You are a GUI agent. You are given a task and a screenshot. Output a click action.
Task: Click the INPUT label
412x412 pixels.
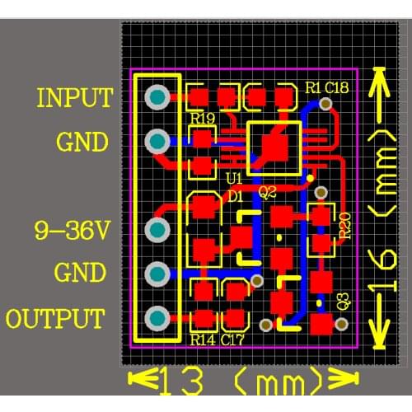click(x=74, y=98)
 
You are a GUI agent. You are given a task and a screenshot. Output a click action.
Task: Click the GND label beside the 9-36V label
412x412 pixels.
click(x=79, y=273)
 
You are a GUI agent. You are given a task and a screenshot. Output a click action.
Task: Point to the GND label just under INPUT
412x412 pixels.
click(x=82, y=143)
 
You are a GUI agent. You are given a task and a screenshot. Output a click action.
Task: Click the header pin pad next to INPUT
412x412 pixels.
click(x=157, y=99)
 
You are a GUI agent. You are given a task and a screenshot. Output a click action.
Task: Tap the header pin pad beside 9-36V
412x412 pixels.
click(x=157, y=230)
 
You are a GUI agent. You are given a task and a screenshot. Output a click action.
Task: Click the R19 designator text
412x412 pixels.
click(x=203, y=119)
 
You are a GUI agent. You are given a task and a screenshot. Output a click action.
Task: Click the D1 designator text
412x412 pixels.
click(x=235, y=196)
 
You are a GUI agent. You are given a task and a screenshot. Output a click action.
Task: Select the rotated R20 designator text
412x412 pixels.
click(x=344, y=225)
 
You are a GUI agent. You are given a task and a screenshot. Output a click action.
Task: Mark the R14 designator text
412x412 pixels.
click(x=203, y=338)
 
